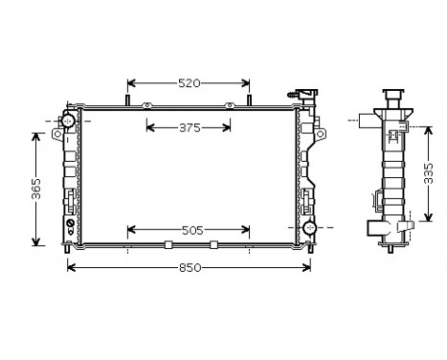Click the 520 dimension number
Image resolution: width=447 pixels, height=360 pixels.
pos(189,83)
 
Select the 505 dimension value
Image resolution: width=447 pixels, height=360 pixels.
pos(190,230)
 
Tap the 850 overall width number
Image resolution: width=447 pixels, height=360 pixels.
pos(190,267)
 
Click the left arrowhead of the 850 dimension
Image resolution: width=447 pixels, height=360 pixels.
pos(70,267)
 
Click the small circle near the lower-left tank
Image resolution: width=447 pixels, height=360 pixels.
pos(69,227)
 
